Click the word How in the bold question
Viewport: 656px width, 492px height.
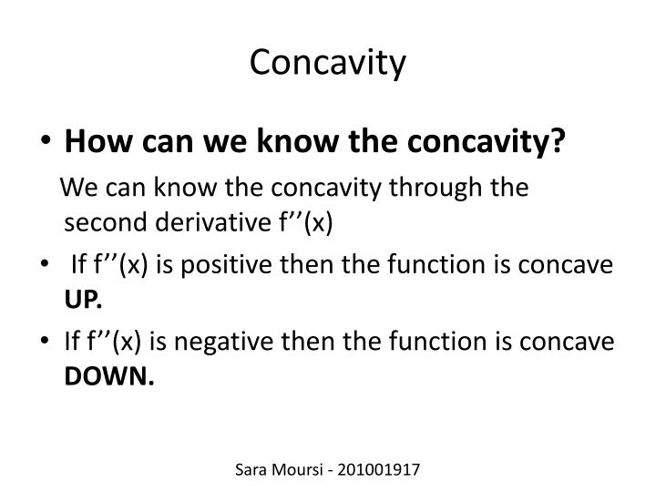coord(90,141)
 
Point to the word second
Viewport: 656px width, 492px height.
coord(101,224)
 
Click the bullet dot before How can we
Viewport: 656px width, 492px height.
coord(47,142)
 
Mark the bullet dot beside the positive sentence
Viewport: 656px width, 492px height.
coord(47,265)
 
